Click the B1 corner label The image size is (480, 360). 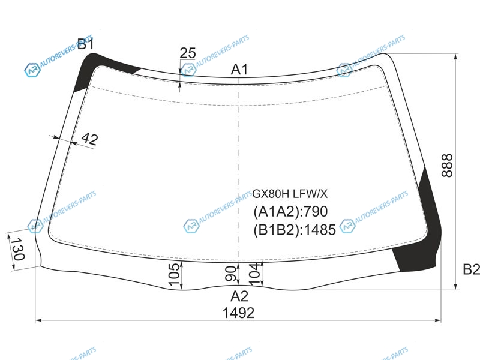point(86,44)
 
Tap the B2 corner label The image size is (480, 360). point(472,269)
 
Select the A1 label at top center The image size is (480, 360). point(239,70)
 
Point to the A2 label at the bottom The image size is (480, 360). point(239,296)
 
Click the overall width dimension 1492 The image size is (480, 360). point(238,313)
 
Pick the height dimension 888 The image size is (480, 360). point(447,166)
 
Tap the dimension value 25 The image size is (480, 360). point(188,53)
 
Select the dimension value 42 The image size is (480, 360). point(89,139)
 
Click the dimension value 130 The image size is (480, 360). point(17,249)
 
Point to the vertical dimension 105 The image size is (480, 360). point(174,275)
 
